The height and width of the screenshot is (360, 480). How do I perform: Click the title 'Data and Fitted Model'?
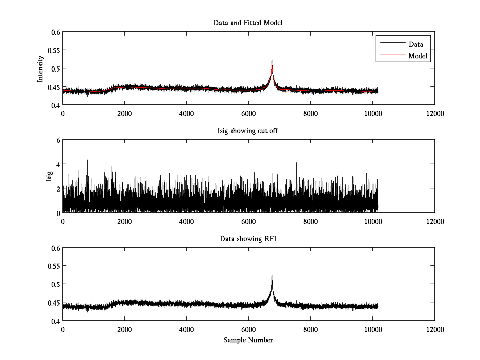[x=248, y=23]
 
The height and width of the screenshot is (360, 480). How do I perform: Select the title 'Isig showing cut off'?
[x=248, y=131]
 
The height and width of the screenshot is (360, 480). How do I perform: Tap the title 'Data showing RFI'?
[x=248, y=239]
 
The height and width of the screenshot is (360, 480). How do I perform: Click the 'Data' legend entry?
[x=416, y=44]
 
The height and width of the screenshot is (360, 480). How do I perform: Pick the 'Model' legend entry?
[x=418, y=56]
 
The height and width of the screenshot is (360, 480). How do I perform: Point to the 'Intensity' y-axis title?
[x=40, y=69]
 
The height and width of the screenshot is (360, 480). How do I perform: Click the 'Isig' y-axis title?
[x=49, y=176]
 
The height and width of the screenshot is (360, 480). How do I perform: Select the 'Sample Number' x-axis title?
[x=248, y=340]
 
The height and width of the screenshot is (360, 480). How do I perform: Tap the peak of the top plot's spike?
[x=272, y=60]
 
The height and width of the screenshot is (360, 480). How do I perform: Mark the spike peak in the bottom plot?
[x=272, y=276]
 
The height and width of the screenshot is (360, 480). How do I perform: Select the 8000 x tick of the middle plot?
[x=310, y=221]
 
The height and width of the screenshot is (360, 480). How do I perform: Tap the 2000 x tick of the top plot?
[x=124, y=113]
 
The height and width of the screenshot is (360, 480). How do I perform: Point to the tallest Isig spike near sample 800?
[x=87, y=160]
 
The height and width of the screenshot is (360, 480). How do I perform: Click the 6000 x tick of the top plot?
[x=248, y=113]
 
